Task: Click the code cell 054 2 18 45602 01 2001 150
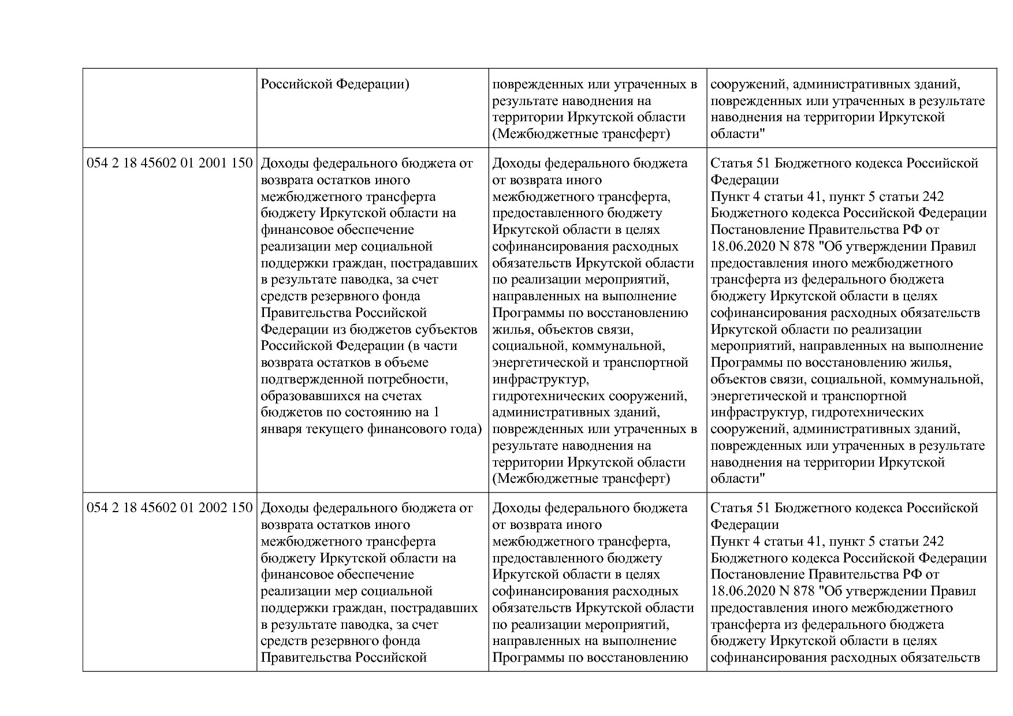170,163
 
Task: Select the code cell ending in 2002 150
170,508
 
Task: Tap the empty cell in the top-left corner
170,108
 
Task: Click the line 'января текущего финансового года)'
371,429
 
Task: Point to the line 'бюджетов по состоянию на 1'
350,412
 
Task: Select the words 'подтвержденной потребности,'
355,379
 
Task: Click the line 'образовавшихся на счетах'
341,396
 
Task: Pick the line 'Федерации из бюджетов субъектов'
369,329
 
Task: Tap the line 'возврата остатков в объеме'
345,363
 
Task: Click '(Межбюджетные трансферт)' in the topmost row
581,134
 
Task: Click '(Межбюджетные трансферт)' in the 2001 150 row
581,479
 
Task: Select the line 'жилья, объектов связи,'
563,329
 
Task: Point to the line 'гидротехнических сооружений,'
590,396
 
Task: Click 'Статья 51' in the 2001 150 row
740,163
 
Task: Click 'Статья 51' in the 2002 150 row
740,508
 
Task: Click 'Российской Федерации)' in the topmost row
335,84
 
